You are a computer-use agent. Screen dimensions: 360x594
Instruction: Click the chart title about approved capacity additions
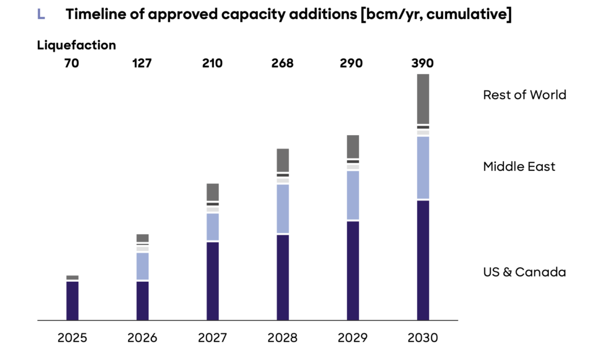coord(288,15)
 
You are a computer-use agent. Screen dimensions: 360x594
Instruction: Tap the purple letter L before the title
coord(41,15)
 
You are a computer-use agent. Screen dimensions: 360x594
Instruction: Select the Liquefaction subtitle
coord(77,45)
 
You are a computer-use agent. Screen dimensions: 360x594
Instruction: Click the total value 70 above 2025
coord(72,63)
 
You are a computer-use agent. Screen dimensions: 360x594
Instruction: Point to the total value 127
coord(142,63)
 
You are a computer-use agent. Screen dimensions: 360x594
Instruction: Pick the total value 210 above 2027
coord(212,63)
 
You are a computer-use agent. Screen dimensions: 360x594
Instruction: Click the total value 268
coord(282,63)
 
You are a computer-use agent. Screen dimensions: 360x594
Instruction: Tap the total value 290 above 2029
coord(352,63)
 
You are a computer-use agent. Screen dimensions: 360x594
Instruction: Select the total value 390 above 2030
coord(423,63)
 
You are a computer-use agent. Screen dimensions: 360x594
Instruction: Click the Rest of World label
coord(524,95)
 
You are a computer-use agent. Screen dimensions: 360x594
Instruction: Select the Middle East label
coord(519,167)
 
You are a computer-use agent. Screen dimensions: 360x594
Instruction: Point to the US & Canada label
coord(524,272)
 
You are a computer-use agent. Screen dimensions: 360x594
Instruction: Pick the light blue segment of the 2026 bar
coord(142,266)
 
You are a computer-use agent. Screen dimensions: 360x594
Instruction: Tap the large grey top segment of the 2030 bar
coord(423,99)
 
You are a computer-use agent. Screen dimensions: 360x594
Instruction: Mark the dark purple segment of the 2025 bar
coord(72,300)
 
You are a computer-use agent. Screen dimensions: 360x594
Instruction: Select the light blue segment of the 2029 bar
coord(352,195)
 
